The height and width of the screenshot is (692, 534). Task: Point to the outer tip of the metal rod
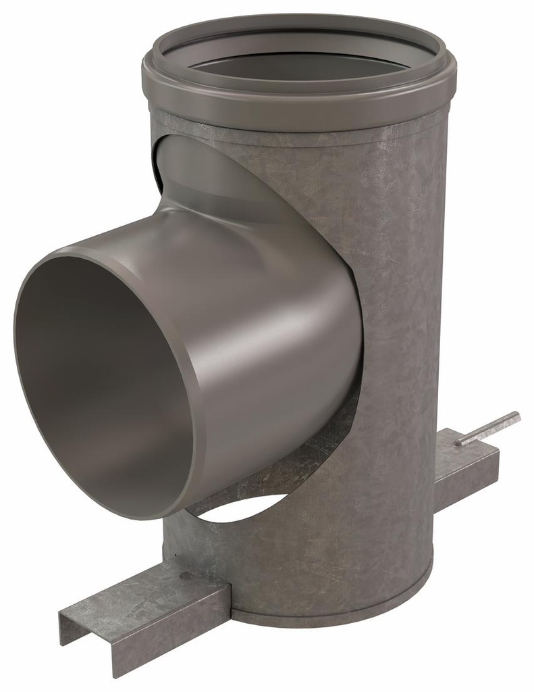tap(516, 414)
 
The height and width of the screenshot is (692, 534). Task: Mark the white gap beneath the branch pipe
tap(243, 517)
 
